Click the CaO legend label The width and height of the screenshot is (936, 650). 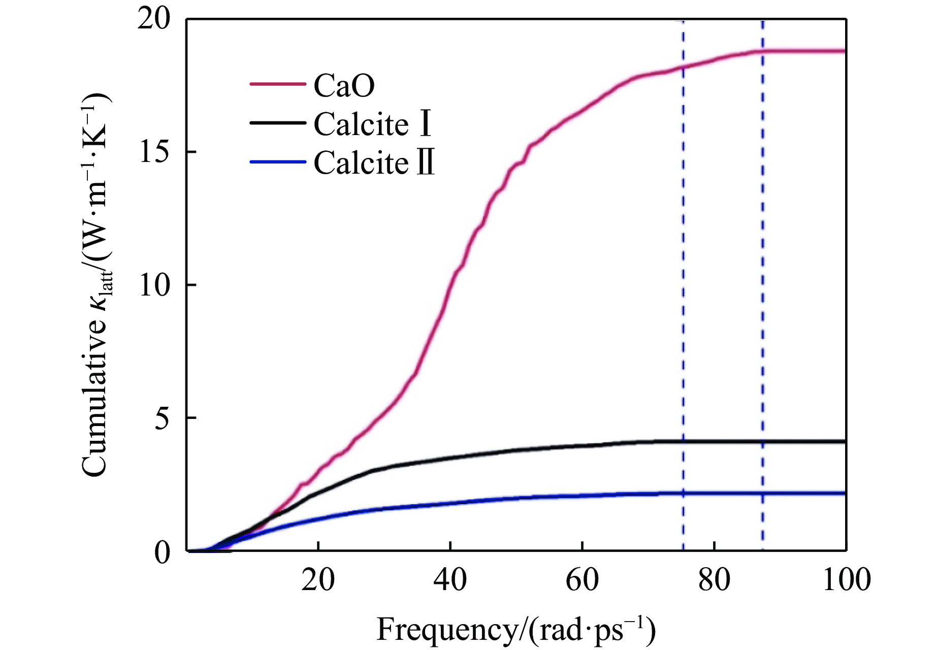pos(344,85)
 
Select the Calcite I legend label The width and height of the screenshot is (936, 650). pos(373,124)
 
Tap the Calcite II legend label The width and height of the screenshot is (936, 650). pos(374,162)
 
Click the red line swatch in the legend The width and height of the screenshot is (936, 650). pos(278,84)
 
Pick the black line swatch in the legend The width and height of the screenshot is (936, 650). pos(278,123)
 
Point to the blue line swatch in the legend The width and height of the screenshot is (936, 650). pos(278,162)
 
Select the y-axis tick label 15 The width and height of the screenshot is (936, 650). pos(153,152)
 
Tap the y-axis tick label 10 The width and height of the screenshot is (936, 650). pos(153,285)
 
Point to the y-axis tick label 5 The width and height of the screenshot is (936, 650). pos(162,418)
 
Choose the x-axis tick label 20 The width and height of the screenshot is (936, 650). pos(318,579)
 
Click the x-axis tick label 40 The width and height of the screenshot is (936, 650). pos(450,579)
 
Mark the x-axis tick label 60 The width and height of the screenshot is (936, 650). pos(582,579)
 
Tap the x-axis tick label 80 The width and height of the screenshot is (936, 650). pos(714,579)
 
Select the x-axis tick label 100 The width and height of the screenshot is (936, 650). pos(846,579)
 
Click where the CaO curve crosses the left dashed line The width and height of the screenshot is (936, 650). pos(683,67)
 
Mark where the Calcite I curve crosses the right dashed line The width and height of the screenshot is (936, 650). pos(762,442)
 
